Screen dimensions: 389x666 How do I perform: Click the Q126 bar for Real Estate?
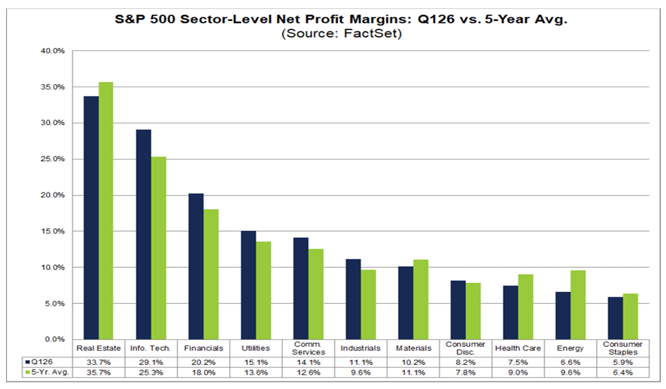tap(90, 218)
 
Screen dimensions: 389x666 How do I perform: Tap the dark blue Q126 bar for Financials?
tap(196, 266)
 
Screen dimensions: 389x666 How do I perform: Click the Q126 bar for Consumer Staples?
tap(616, 318)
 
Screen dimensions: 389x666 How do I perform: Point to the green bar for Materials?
tap(421, 299)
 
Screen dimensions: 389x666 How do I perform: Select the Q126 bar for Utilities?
tap(248, 285)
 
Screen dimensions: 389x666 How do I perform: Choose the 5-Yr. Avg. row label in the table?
tap(47, 372)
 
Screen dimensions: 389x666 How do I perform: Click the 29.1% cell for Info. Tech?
tap(151, 361)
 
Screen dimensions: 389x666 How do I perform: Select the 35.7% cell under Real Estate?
tap(98, 372)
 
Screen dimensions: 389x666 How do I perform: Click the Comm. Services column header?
tap(308, 348)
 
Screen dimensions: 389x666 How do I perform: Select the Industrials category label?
tap(360, 348)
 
